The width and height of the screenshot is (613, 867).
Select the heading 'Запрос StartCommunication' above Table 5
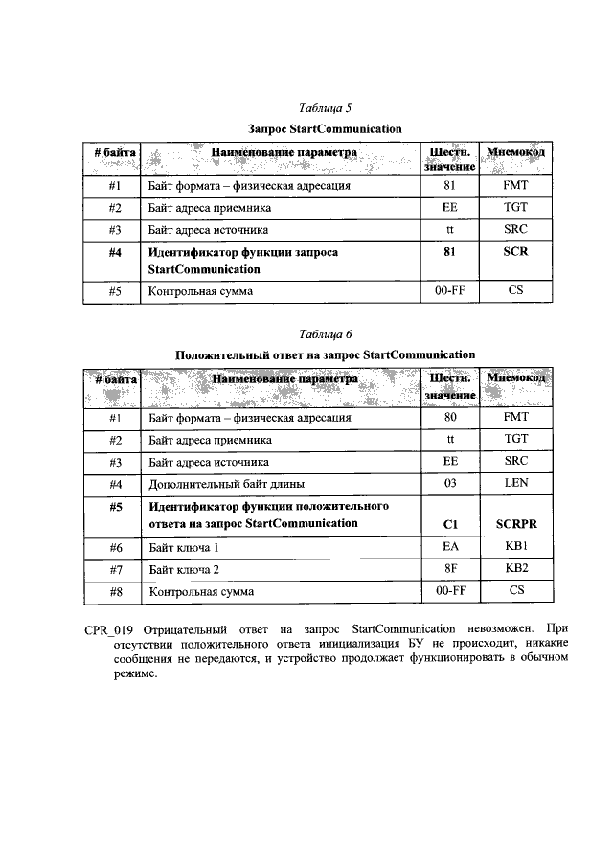(325, 127)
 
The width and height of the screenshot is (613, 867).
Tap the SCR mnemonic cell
(515, 252)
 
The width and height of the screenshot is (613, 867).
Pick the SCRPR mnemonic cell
(516, 523)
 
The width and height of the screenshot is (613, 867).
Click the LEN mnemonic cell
(516, 483)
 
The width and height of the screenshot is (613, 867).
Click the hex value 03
(451, 483)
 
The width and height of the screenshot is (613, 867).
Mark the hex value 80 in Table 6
(451, 418)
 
